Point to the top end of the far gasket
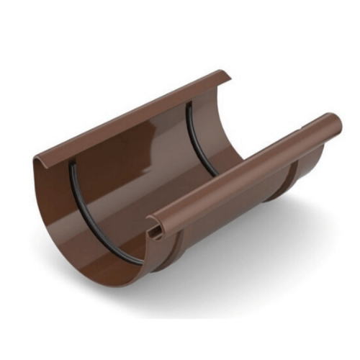click(x=189, y=104)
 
